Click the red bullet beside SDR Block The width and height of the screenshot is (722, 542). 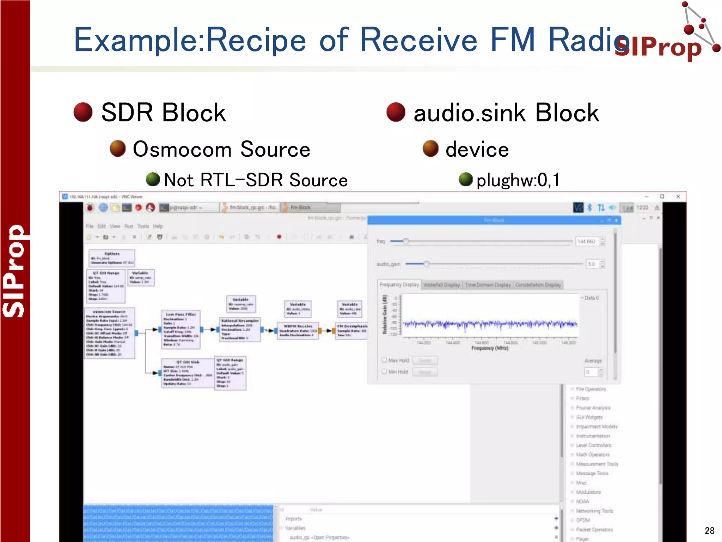click(83, 112)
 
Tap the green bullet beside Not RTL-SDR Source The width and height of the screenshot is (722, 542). click(153, 179)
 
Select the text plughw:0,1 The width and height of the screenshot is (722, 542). click(518, 180)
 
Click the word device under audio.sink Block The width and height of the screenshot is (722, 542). click(477, 149)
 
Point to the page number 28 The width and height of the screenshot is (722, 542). click(709, 530)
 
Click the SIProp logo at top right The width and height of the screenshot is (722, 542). click(666, 35)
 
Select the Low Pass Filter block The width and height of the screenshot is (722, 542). click(181, 330)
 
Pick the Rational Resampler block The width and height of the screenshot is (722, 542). click(240, 330)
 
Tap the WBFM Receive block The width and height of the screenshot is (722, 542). click(298, 331)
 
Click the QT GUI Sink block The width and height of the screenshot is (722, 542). click(188, 373)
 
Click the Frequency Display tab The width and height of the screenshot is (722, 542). click(399, 284)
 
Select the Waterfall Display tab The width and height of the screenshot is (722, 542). click(442, 285)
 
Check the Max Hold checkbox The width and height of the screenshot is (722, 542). click(384, 360)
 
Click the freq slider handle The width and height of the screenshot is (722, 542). click(406, 241)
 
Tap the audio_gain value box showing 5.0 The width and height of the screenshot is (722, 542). click(592, 264)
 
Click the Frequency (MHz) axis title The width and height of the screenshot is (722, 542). click(490, 348)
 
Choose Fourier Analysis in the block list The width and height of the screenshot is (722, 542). click(593, 408)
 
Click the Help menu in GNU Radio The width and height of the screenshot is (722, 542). click(158, 226)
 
